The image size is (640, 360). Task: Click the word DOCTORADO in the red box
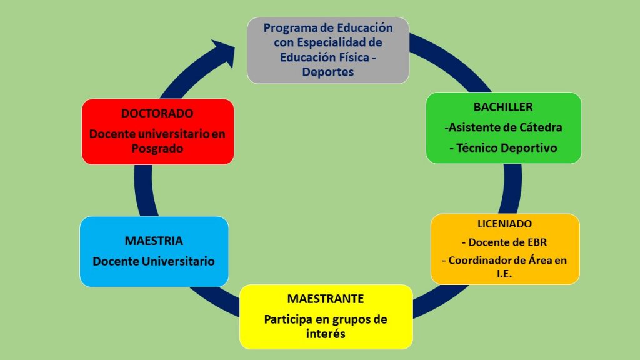157,114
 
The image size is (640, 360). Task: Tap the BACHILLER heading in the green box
503,107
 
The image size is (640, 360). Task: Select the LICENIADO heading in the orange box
504,224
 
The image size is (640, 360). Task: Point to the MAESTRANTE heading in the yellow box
325,299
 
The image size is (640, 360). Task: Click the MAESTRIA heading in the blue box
154,241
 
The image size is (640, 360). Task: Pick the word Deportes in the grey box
327,72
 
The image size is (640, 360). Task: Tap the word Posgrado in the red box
157,149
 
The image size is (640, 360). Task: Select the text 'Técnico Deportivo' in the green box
506,147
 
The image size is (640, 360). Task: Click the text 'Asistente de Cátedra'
505,127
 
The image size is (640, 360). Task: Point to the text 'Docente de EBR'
507,242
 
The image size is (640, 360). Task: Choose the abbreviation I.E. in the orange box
504,274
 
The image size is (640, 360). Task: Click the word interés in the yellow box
326,334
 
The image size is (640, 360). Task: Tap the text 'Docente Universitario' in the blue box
154,261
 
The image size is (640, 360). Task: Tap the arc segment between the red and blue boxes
144,191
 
